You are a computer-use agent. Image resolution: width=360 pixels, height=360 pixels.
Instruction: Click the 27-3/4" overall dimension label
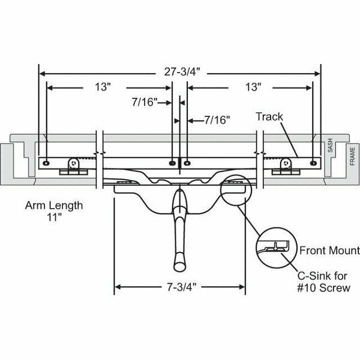tap(179, 71)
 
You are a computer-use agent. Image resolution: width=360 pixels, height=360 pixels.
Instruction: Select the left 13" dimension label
tap(102, 87)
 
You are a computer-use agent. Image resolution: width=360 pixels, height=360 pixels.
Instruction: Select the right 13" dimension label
tap(253, 87)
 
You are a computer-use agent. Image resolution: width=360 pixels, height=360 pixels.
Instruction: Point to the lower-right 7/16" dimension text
tap(217, 120)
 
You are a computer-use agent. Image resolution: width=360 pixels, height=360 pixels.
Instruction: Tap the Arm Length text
tap(54, 206)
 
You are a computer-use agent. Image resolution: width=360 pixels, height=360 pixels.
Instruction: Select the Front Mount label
tap(329, 250)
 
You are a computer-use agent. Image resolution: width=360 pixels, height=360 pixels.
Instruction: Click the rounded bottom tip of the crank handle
tap(179, 265)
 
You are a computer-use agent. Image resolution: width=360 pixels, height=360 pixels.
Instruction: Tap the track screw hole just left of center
tap(172, 162)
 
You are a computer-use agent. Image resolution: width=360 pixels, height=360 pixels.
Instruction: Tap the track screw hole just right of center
tap(187, 162)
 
